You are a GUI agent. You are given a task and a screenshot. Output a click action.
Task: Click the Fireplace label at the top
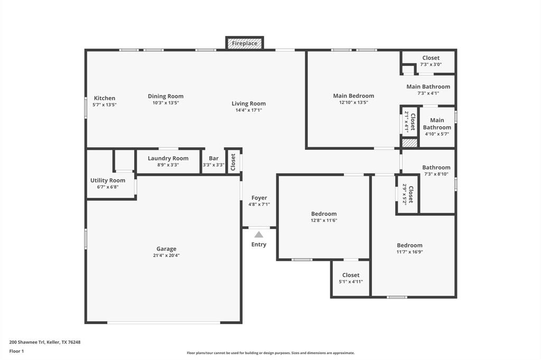tap(245, 43)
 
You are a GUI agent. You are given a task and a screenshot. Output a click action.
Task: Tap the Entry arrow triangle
tap(258, 234)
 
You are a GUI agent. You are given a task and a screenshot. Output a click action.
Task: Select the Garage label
tap(166, 249)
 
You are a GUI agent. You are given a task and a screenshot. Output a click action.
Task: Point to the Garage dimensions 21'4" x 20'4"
tap(166, 255)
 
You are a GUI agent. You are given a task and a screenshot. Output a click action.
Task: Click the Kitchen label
tap(105, 98)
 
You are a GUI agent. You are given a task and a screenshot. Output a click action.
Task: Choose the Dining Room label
tap(166, 96)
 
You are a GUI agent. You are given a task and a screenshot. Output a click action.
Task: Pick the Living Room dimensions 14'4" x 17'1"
tap(248, 110)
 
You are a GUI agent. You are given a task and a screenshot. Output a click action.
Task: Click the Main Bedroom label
tap(353, 96)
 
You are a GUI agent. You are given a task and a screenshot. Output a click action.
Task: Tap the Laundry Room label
tap(168, 158)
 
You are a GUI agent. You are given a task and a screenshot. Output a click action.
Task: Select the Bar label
tap(213, 158)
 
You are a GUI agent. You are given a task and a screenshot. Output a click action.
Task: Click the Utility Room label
tap(108, 181)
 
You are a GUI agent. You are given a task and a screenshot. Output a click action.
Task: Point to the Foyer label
tap(259, 198)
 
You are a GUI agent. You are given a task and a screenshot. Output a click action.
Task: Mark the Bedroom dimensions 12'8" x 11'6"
tap(324, 221)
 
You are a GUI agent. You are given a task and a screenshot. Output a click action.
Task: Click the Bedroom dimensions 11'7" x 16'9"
tap(409, 252)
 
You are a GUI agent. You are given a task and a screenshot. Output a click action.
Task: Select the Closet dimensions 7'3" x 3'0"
tap(431, 64)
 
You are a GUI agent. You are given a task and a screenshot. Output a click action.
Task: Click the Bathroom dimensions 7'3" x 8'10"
tap(436, 174)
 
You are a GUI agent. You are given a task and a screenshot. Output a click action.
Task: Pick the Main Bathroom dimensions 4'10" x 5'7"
tap(437, 134)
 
